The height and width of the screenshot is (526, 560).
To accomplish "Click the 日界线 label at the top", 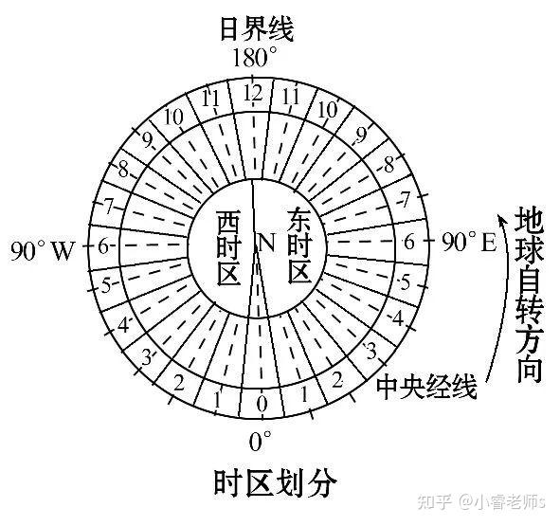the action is click(x=257, y=29).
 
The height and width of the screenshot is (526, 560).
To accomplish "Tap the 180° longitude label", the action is click(x=255, y=58).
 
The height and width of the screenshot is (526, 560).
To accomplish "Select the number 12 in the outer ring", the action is click(x=253, y=94).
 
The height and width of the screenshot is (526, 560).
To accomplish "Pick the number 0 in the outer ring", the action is click(x=262, y=405).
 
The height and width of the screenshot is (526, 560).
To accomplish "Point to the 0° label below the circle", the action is click(x=260, y=441).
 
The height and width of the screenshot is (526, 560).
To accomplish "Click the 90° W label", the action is click(x=43, y=250).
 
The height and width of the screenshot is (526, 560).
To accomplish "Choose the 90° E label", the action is click(x=469, y=243).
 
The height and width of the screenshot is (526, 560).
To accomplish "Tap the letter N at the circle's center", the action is click(x=266, y=243).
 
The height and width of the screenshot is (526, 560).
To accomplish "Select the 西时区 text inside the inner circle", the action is click(x=228, y=248).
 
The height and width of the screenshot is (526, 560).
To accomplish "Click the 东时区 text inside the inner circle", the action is click(x=300, y=245).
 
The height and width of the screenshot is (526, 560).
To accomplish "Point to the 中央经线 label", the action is click(x=426, y=386).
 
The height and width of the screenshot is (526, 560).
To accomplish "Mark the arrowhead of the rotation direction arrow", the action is click(x=501, y=218).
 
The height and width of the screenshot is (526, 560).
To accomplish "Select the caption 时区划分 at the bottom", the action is click(x=276, y=483).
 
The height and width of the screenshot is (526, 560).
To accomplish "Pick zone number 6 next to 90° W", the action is click(x=103, y=245).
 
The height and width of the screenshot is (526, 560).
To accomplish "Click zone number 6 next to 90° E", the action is click(x=408, y=243).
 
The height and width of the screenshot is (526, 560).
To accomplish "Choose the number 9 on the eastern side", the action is click(x=361, y=136).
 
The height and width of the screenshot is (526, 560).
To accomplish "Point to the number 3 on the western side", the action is click(x=147, y=357).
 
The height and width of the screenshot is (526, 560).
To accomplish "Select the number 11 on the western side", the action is click(x=210, y=98).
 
